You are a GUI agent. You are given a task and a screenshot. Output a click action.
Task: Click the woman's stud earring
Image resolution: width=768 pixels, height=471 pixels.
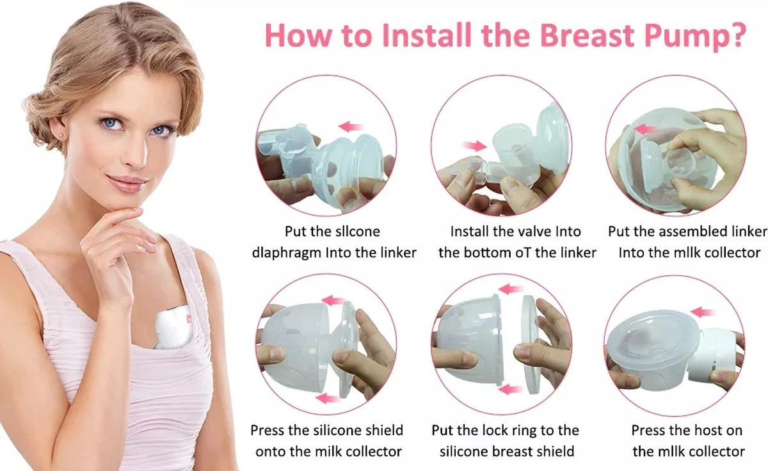coord(61,136)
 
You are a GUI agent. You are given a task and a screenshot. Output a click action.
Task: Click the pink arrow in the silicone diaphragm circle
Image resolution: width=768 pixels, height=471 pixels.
coord(351,126)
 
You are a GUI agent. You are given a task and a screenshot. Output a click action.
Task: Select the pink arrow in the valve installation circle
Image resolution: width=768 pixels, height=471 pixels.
coord(474,146)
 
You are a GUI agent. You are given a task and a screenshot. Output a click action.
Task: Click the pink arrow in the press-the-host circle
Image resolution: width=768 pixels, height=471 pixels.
coord(703,312)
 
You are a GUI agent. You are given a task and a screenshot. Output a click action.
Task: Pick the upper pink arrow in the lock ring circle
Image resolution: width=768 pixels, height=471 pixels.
coord(510,289)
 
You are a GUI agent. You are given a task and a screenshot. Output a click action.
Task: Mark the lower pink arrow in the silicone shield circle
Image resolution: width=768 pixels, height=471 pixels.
coord(328,398)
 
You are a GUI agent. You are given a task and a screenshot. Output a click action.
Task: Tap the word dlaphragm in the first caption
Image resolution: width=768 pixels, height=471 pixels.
coord(286,253)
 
